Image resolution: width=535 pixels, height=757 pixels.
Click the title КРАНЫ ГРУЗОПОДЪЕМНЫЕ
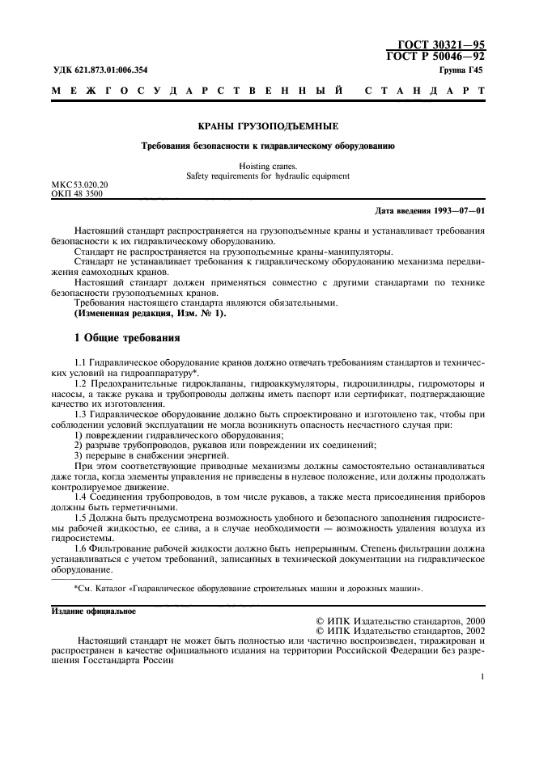[268, 127]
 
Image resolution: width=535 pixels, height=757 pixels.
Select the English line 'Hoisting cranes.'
[268, 165]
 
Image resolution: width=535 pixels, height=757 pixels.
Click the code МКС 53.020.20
[79, 184]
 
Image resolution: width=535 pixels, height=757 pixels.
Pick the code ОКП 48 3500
[77, 194]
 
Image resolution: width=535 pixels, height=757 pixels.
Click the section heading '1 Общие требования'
[126, 336]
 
